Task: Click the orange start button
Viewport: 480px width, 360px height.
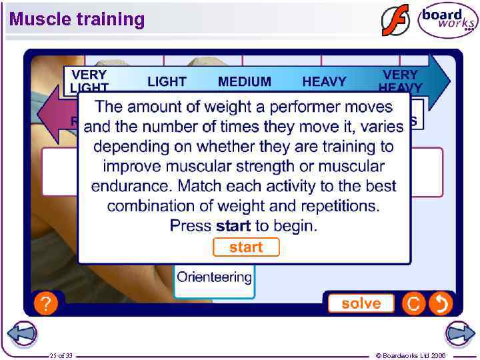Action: click(246, 247)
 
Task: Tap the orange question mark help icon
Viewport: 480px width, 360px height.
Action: click(44, 305)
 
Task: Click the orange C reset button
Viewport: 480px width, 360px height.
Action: click(413, 304)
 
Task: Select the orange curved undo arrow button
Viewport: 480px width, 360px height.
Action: click(441, 304)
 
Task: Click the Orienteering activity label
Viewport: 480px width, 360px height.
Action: click(215, 277)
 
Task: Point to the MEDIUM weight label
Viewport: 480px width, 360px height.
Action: click(245, 82)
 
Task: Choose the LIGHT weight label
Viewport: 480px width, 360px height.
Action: click(167, 82)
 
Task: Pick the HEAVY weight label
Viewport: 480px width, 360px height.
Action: click(324, 82)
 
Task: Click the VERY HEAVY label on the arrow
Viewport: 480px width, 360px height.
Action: click(400, 81)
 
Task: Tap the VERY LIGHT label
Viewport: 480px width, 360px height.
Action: click(89, 81)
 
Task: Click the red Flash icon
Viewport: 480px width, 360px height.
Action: click(395, 20)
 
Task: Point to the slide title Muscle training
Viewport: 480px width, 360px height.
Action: click(77, 19)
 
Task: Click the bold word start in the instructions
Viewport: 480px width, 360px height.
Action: click(233, 225)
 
